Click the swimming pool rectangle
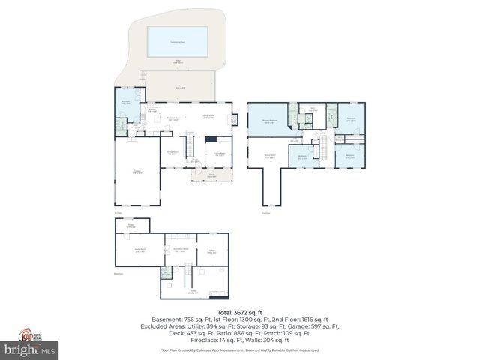(x=177, y=41)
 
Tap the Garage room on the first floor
(x=136, y=172)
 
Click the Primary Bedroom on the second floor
(x=268, y=121)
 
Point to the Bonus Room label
(x=270, y=156)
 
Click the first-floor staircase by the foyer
(x=190, y=144)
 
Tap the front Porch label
(x=211, y=177)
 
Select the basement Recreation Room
(x=180, y=250)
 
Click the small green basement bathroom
(x=166, y=273)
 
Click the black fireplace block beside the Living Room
(x=211, y=139)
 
